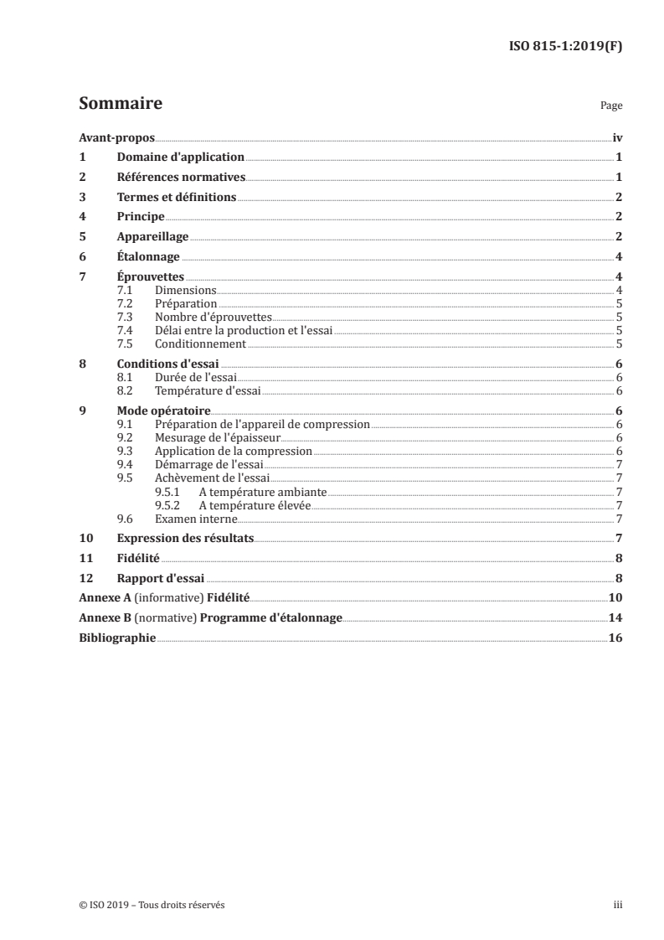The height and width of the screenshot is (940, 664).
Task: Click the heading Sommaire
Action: pyautogui.click(x=120, y=104)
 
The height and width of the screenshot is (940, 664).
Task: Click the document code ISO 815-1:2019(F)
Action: pyautogui.click(x=565, y=47)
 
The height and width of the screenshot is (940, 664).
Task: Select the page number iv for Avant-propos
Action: pyautogui.click(x=617, y=137)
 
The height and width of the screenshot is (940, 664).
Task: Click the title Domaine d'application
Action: pyautogui.click(x=180, y=157)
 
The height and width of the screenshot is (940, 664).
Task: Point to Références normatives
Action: pyautogui.click(x=181, y=177)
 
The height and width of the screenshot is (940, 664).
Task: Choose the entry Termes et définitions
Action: pyautogui.click(x=176, y=197)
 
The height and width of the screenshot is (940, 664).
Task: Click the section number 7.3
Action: pyautogui.click(x=126, y=317)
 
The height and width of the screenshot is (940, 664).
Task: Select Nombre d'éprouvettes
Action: pyautogui.click(x=214, y=317)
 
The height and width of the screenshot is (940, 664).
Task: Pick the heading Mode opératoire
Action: pyautogui.click(x=163, y=411)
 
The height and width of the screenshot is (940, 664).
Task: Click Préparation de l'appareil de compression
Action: pyautogui.click(x=262, y=425)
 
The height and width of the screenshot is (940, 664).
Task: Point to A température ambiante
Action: pyautogui.click(x=262, y=492)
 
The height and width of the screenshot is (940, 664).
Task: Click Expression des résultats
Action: pyautogui.click(x=184, y=538)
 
